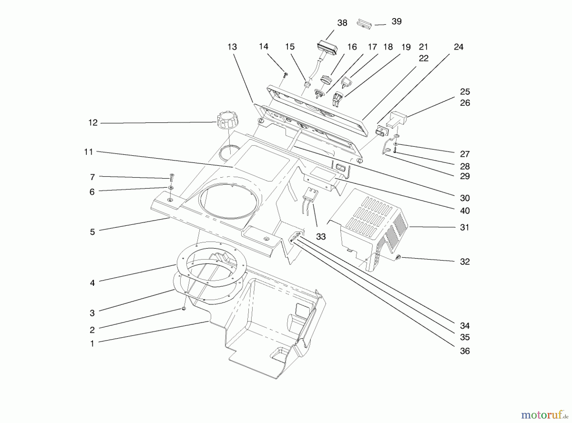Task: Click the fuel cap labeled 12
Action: [226, 120]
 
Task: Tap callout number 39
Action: [396, 21]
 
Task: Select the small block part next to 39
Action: [364, 23]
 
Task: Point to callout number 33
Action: [321, 237]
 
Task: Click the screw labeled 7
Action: [172, 177]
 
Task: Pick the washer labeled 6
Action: [171, 188]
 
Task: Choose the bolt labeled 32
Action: [398, 257]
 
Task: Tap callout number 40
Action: [465, 211]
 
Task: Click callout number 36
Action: [465, 351]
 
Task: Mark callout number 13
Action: [232, 47]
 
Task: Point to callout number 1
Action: [92, 344]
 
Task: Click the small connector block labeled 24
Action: [380, 131]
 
